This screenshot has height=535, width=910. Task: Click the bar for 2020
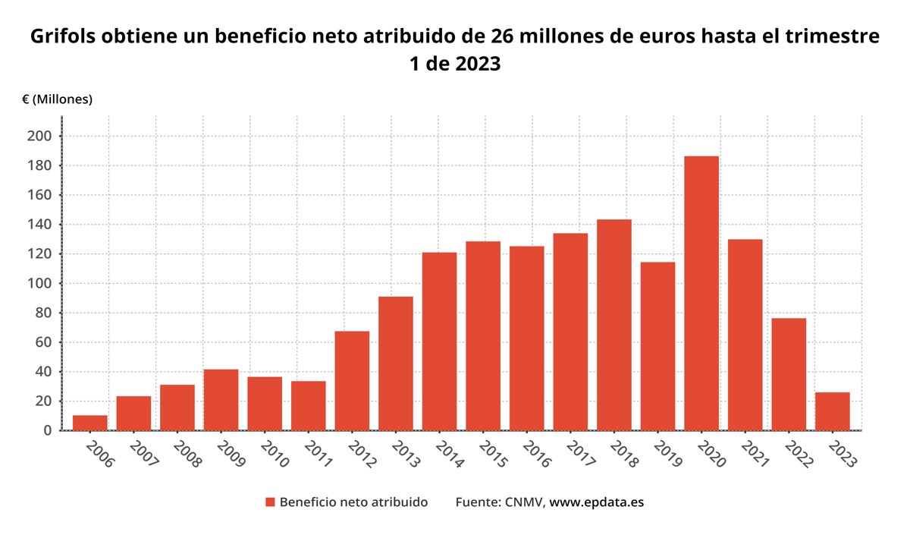[701, 293]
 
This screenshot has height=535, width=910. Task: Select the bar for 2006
[89, 423]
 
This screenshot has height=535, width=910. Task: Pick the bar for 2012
[352, 380]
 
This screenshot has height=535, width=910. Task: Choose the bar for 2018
[613, 325]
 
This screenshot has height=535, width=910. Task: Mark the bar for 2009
[221, 399]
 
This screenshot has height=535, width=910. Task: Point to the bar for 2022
[789, 373]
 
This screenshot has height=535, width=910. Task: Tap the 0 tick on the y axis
[48, 430]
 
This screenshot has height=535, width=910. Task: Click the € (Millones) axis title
[57, 99]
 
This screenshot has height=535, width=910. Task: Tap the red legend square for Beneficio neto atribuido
[269, 502]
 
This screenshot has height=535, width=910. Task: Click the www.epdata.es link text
[596, 502]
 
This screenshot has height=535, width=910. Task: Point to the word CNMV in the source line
[522, 502]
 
